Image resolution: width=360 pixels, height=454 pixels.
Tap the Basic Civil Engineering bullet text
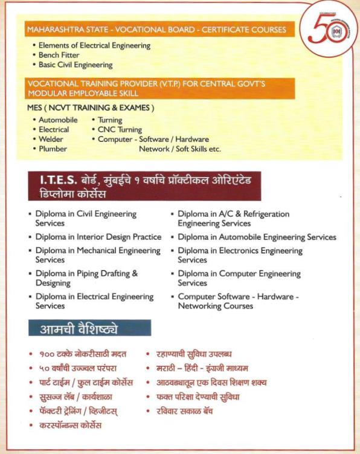(76, 65)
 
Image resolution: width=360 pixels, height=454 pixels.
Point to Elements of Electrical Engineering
(94, 45)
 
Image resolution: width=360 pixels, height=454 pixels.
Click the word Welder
(51, 139)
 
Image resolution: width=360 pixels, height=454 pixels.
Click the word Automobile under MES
(58, 120)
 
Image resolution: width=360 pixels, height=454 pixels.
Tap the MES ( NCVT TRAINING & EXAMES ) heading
(91, 108)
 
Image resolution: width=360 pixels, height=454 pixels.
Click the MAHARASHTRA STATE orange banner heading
(155, 29)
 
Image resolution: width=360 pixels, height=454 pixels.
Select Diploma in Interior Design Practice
(98, 237)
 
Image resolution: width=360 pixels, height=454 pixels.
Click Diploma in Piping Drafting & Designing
(86, 278)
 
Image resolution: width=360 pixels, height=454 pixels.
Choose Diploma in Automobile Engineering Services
(257, 237)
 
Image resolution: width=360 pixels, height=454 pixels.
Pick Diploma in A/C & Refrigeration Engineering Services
(233, 218)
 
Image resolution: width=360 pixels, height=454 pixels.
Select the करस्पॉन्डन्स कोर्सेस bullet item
(71, 426)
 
